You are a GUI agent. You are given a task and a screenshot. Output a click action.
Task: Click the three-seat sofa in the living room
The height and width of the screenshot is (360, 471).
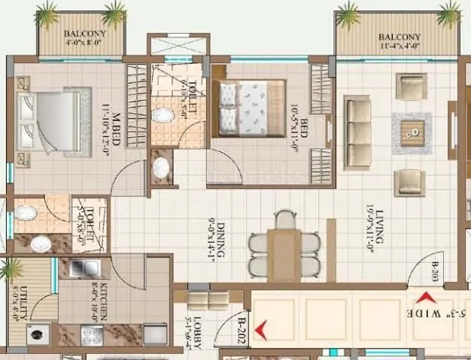357,133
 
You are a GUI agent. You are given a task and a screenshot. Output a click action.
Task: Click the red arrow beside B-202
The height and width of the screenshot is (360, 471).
260,329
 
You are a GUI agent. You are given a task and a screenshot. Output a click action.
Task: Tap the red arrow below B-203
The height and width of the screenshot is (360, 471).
427,296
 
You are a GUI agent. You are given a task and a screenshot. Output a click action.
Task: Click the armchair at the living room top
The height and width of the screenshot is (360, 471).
411,86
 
